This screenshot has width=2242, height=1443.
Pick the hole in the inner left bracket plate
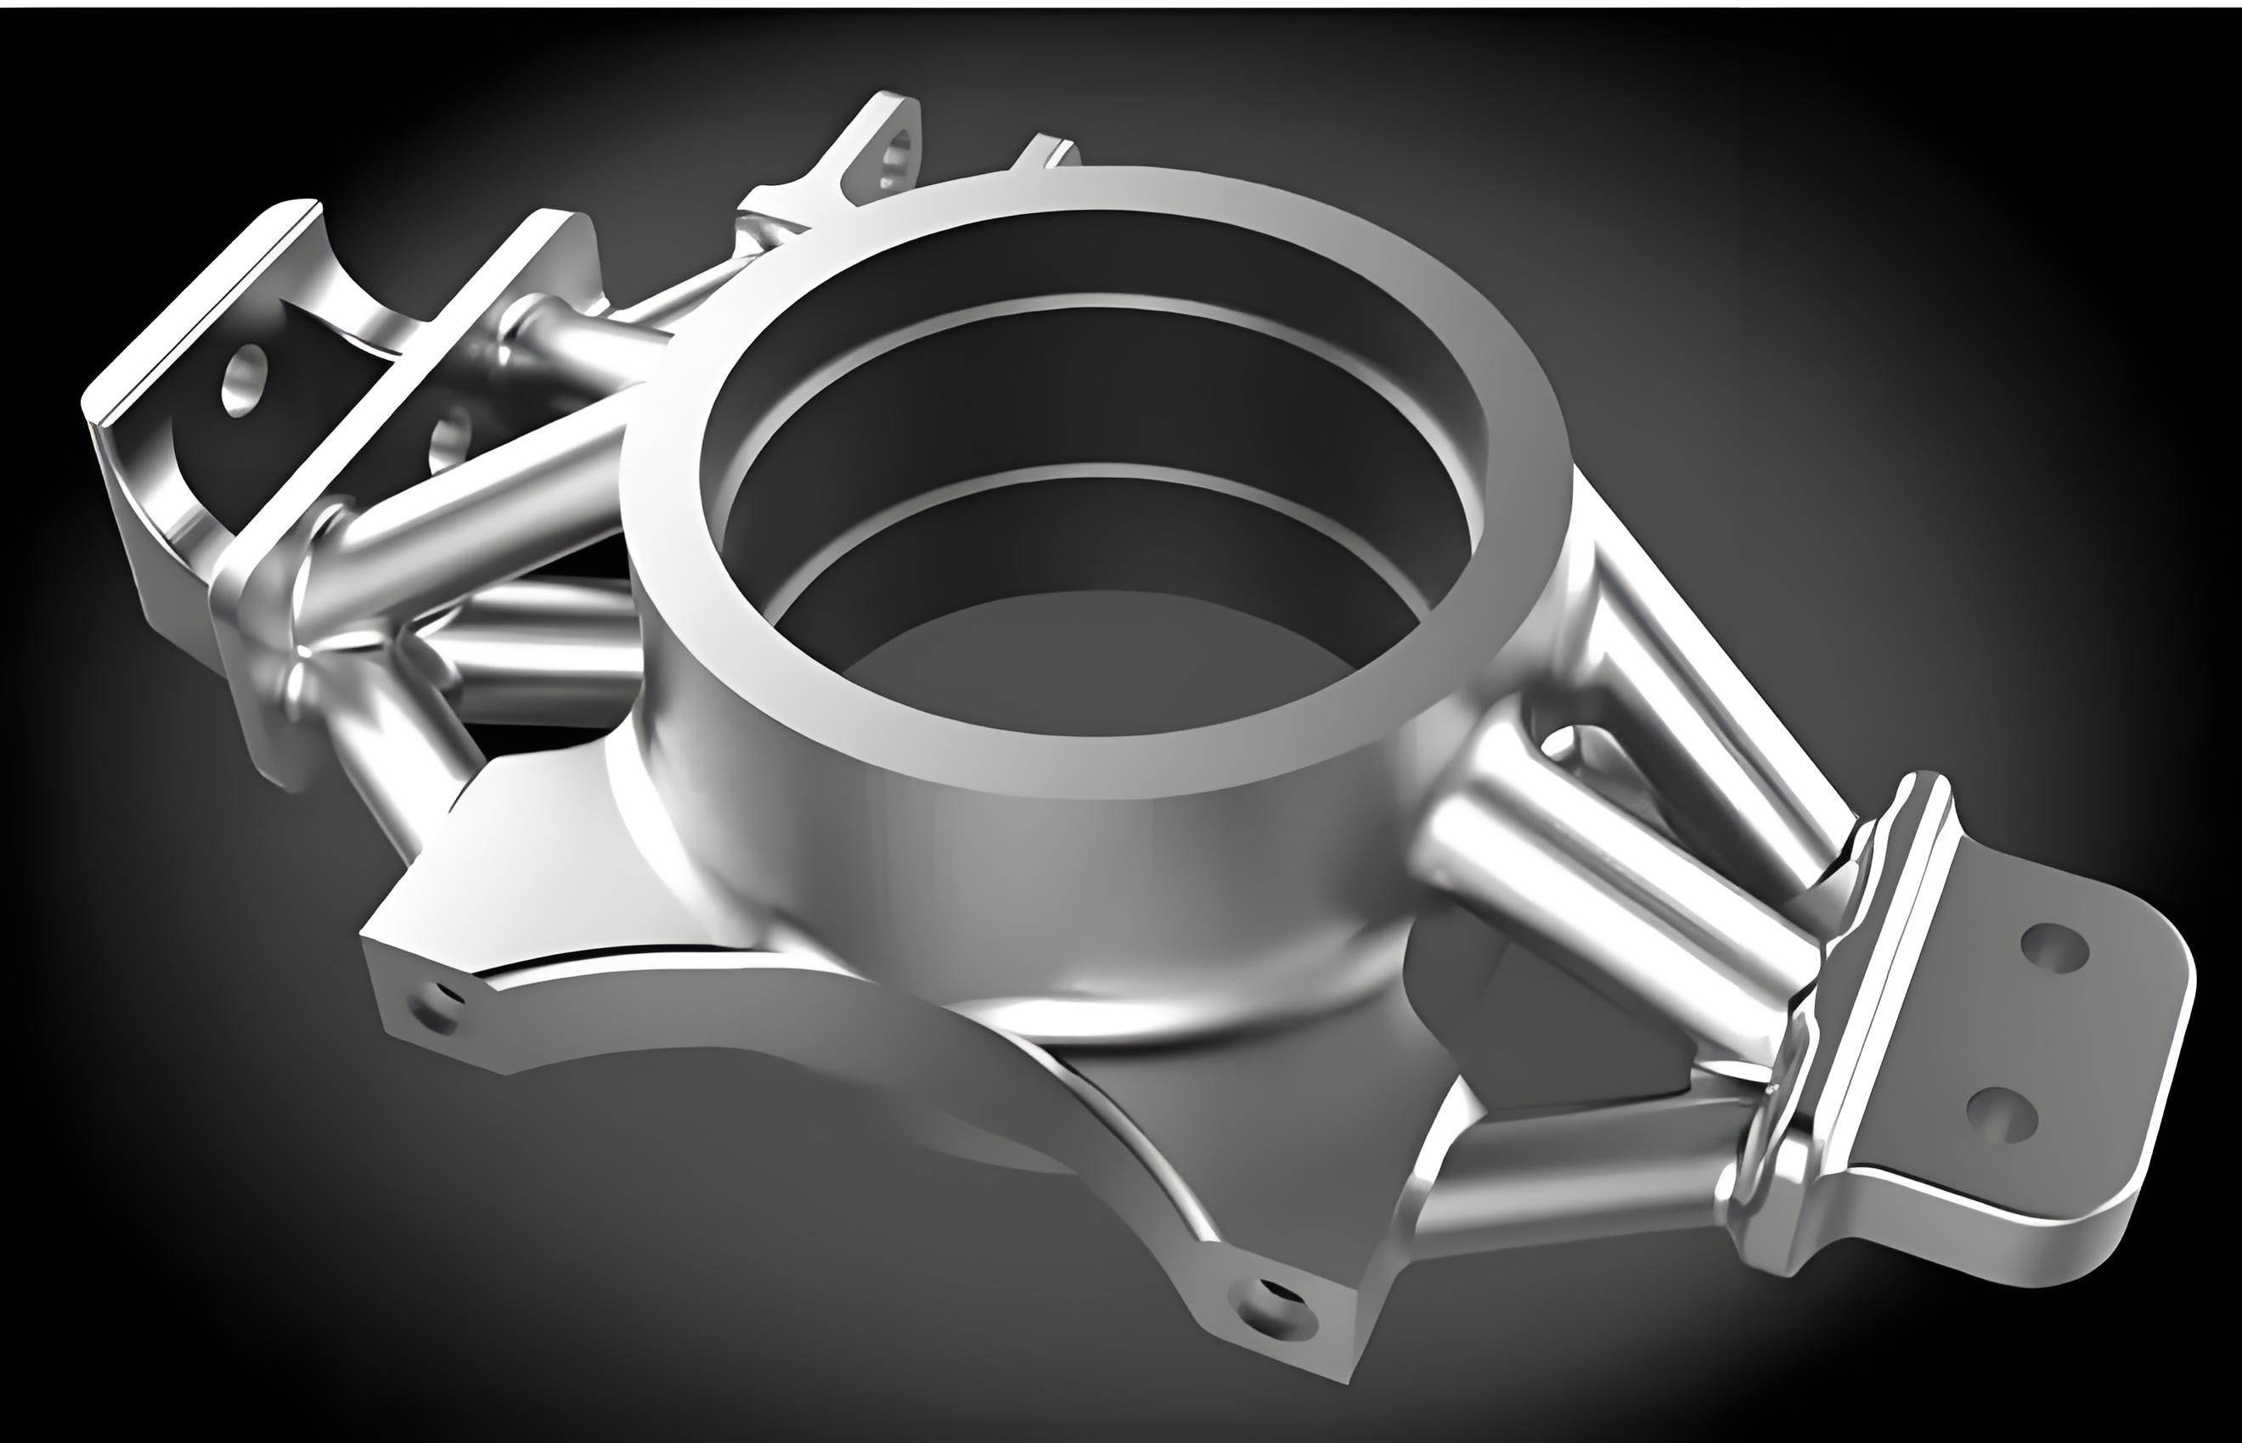point(452,435)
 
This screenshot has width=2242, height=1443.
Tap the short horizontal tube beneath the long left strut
point(544,647)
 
